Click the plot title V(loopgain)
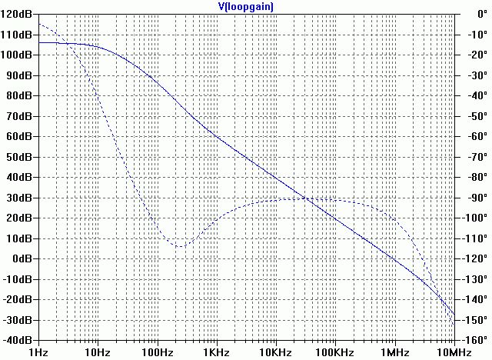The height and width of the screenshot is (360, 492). [x=246, y=6]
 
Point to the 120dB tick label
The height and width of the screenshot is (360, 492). [x=18, y=15]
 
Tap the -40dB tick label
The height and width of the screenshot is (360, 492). [x=18, y=339]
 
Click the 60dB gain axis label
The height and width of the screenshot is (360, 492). [x=21, y=137]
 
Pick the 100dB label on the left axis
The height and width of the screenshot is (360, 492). [x=18, y=55]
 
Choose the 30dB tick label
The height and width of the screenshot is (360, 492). [x=21, y=198]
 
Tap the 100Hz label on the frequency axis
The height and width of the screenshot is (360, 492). [x=158, y=352]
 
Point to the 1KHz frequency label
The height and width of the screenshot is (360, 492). [x=217, y=352]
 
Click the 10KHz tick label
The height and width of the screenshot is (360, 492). [x=275, y=352]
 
